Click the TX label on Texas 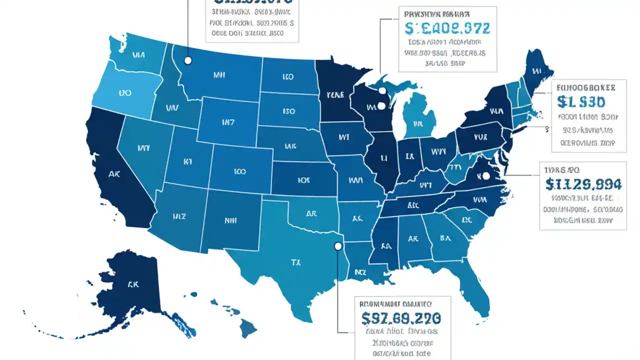tap(295, 261)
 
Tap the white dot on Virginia tap(485, 176)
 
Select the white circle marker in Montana tap(188, 60)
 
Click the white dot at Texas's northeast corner tap(338, 246)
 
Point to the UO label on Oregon tap(125, 93)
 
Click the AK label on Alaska tap(132, 284)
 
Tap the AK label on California tap(114, 174)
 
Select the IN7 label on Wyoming tap(227, 121)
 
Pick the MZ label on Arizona tap(179, 216)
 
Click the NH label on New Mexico tap(230, 219)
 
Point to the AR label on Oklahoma tap(311, 213)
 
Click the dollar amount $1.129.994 tap(583, 184)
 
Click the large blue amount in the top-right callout tap(447, 28)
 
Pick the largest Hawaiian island tap(248, 328)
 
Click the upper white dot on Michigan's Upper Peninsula tap(382, 91)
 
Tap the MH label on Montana tap(219, 75)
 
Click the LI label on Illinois tap(384, 157)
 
